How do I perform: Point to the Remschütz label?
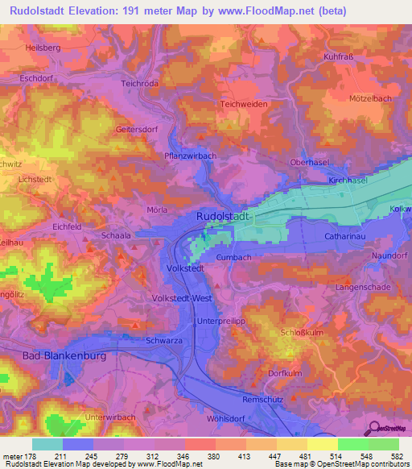coord(264,399)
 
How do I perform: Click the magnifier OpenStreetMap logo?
coord(372,428)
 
